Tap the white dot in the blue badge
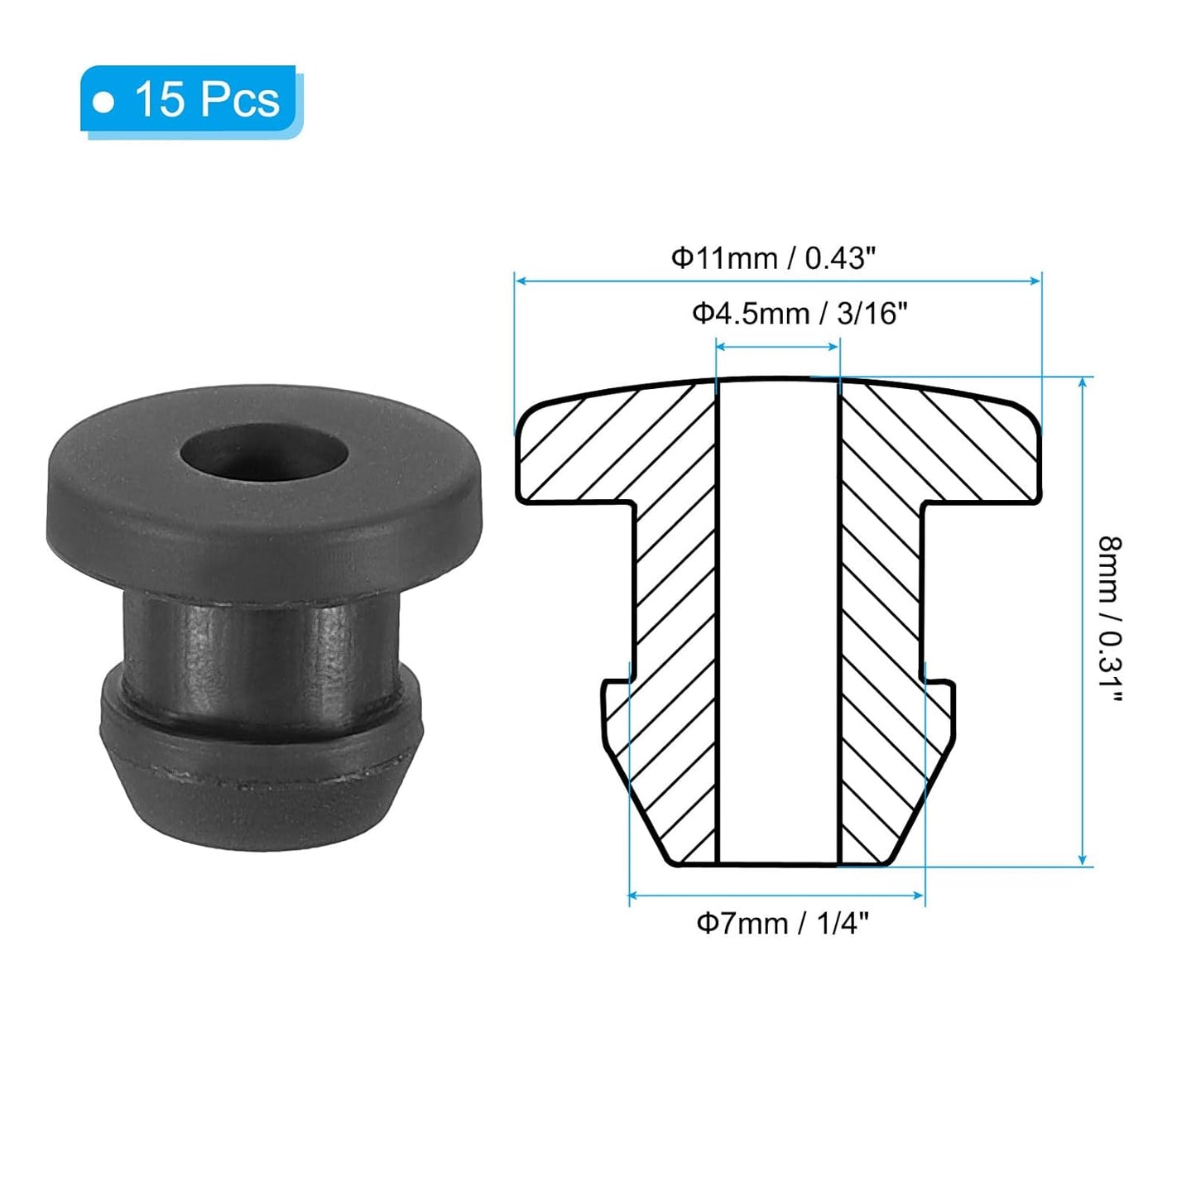[x=103, y=102]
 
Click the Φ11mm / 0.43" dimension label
[x=772, y=258]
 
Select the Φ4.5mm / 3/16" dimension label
[x=800, y=314]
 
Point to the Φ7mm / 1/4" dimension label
[x=782, y=923]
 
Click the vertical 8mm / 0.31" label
[x=1110, y=619]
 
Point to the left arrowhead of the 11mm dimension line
[x=521, y=281]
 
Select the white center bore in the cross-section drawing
[x=778, y=621]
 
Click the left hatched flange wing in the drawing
[x=579, y=451]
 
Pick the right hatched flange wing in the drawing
[x=977, y=451]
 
